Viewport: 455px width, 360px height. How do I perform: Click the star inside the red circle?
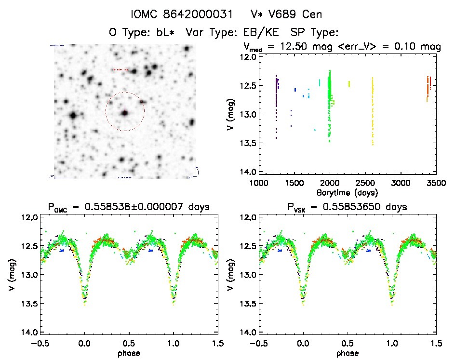point(125,113)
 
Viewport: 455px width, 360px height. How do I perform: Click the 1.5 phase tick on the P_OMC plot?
point(217,344)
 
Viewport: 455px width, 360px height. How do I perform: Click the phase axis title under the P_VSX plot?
point(348,352)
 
